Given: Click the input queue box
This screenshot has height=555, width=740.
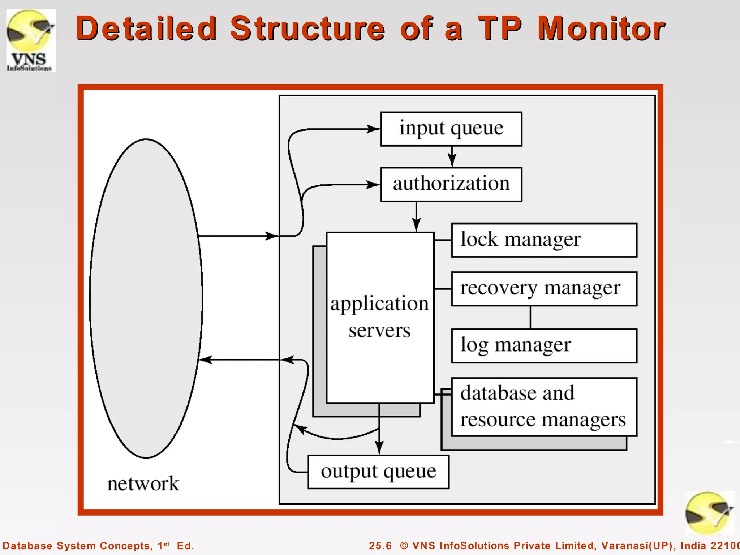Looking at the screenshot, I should pyautogui.click(x=451, y=129).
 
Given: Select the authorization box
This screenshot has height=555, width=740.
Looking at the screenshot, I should pyautogui.click(x=451, y=184).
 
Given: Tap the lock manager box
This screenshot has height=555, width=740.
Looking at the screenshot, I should pyautogui.click(x=544, y=240).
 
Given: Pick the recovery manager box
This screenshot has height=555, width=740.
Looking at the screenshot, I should pyautogui.click(x=544, y=289).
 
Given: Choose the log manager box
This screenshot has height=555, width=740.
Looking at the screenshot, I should pyautogui.click(x=544, y=345).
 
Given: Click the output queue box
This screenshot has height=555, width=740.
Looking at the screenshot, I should pyautogui.click(x=378, y=472).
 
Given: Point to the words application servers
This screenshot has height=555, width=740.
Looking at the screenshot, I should pyautogui.click(x=379, y=317).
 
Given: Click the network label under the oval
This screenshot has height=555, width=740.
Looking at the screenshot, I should pyautogui.click(x=143, y=483).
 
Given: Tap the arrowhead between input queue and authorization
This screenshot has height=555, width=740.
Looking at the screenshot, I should pyautogui.click(x=452, y=159).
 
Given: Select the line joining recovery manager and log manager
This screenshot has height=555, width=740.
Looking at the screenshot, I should pyautogui.click(x=530, y=317).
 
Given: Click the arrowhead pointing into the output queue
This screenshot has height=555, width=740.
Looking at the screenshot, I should pyautogui.click(x=379, y=448).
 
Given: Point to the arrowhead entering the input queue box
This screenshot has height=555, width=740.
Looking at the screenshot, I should pyautogui.click(x=373, y=129).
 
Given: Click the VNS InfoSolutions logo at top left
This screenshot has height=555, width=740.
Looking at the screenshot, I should pyautogui.click(x=31, y=40).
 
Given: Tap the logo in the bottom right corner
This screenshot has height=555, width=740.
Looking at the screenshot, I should pyautogui.click(x=709, y=513).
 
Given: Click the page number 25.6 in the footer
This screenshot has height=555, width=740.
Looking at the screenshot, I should pyautogui.click(x=380, y=546).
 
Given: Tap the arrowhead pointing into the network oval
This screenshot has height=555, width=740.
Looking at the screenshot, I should pyautogui.click(x=205, y=360).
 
